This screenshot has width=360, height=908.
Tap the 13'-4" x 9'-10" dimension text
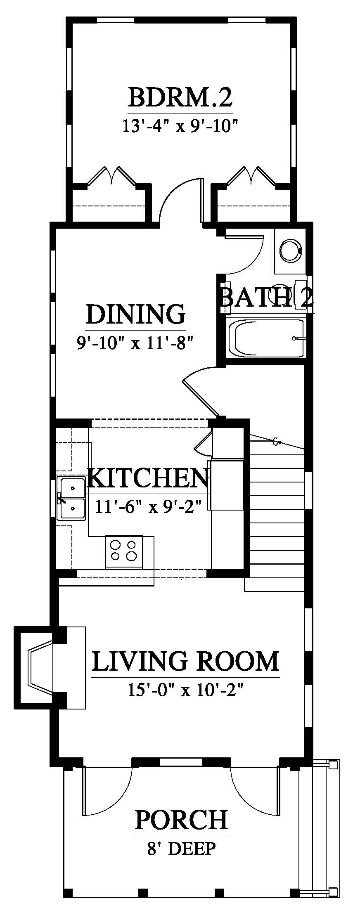coord(181,125)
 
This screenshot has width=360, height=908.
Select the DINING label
coord(135,314)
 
